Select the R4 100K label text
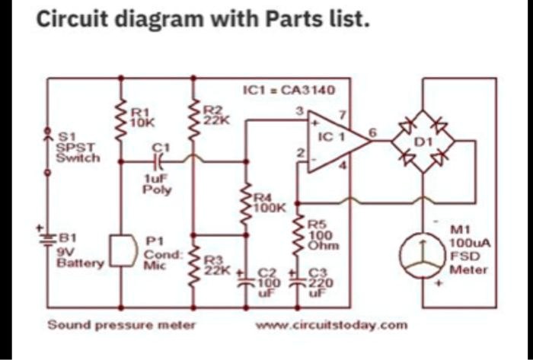coord(269,202)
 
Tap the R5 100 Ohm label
coord(319,235)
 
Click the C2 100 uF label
coord(272,281)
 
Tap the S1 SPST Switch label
coord(77,147)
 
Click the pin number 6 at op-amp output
coord(372,132)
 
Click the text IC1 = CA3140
coord(288,90)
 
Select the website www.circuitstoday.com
coord(332,325)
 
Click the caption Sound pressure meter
coord(122,325)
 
